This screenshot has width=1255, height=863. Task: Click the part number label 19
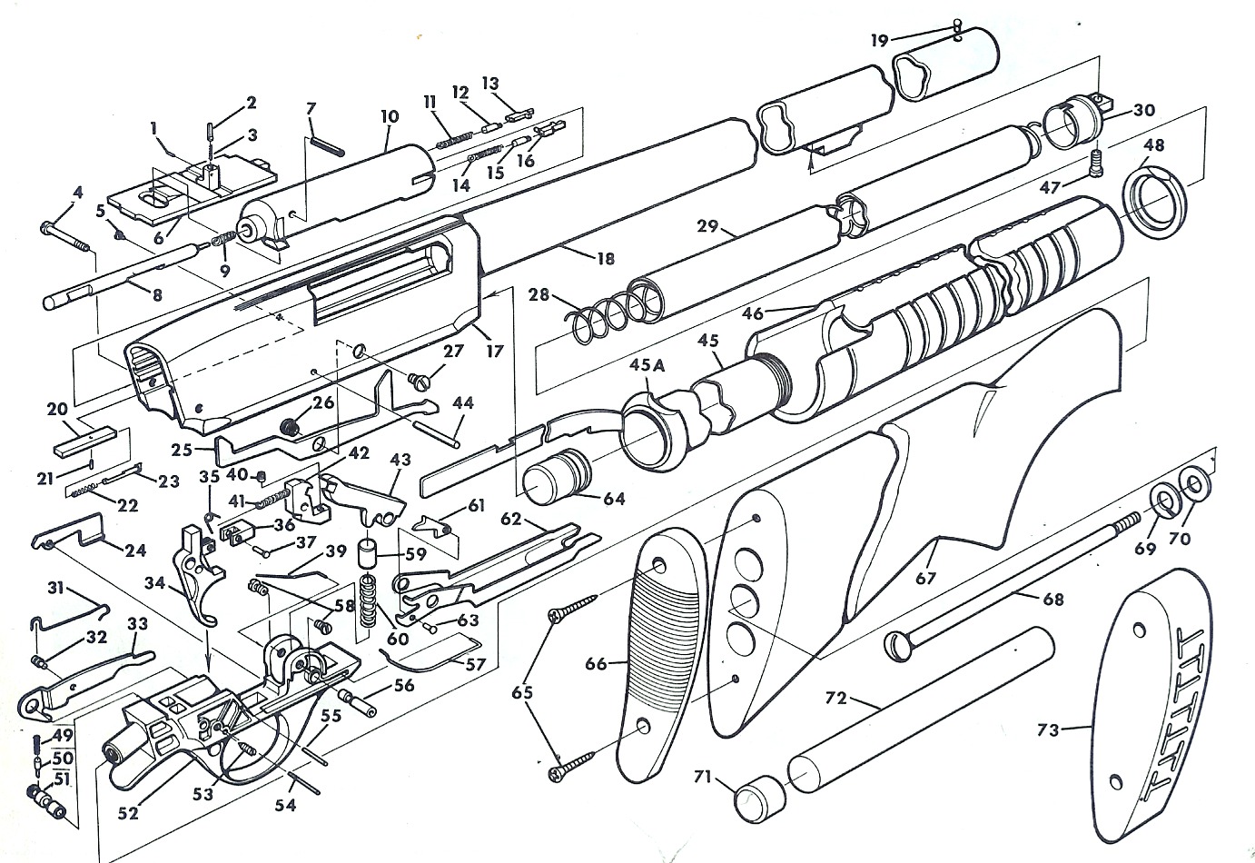(x=878, y=40)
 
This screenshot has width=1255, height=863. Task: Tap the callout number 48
(x=1154, y=145)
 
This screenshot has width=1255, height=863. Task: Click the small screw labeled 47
(x=1098, y=166)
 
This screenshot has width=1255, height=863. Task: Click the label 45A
(x=647, y=365)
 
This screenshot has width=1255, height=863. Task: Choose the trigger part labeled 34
(x=200, y=572)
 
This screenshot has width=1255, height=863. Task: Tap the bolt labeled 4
(x=64, y=233)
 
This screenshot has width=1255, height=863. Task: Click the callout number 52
(x=129, y=813)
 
